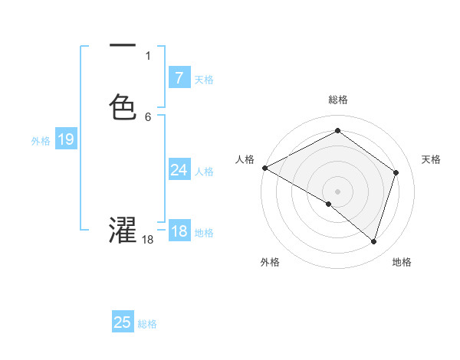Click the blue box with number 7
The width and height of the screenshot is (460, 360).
tap(179, 78)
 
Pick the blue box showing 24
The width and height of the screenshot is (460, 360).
tap(179, 170)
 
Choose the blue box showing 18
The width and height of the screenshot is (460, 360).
tap(179, 231)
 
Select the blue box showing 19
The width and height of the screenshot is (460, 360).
tap(65, 139)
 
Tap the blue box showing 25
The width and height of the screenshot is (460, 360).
tap(123, 322)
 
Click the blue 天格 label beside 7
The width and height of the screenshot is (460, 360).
tap(204, 79)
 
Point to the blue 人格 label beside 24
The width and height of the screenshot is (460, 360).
tap(204, 171)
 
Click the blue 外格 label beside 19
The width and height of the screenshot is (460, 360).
tap(41, 140)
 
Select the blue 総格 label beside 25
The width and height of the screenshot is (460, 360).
tap(147, 323)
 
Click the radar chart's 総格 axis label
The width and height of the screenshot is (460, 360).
tap(338, 100)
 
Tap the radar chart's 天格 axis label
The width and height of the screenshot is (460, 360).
tap(432, 159)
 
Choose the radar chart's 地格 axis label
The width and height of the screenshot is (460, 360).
tap(402, 262)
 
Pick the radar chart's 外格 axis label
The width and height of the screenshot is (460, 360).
tap(270, 262)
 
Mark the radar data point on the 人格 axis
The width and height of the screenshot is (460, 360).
tap(264, 168)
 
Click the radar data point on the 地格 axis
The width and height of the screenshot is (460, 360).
tap(373, 241)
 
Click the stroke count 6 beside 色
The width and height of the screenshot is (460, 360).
tap(147, 116)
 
